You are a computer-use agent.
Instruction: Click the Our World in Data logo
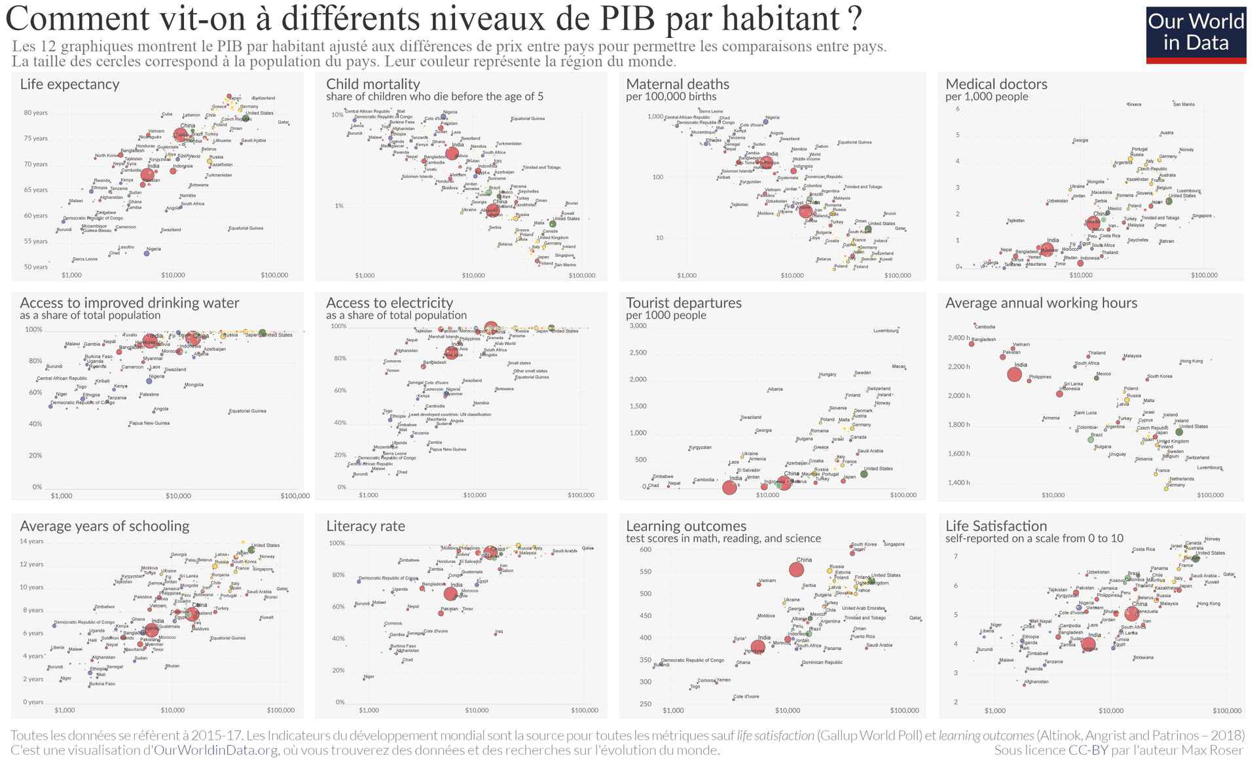pos(1195,35)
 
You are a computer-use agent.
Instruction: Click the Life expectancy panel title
pos(69,84)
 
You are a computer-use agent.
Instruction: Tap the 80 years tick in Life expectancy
pos(36,113)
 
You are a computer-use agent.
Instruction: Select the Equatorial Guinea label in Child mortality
pos(528,118)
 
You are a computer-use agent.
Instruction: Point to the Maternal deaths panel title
pos(678,84)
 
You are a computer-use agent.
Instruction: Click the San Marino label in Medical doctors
pos(1184,104)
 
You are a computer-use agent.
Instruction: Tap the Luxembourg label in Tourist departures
pos(886,331)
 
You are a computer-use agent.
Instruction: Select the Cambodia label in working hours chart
pos(985,327)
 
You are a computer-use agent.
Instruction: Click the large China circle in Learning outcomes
pos(796,570)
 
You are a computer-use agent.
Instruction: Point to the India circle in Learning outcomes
pos(758,647)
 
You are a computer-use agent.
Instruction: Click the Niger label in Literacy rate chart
pos(369,676)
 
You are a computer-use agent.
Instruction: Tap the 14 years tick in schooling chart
pos(31,541)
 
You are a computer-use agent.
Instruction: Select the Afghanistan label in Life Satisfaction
pos(1036,681)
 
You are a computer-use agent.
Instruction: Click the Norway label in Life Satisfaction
pos(1212,539)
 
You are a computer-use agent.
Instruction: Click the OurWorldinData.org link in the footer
pos(217,750)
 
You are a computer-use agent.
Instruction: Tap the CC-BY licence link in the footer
pos(1088,750)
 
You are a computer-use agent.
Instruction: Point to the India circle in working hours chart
pos(1014,374)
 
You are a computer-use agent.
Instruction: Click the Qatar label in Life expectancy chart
pos(283,122)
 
